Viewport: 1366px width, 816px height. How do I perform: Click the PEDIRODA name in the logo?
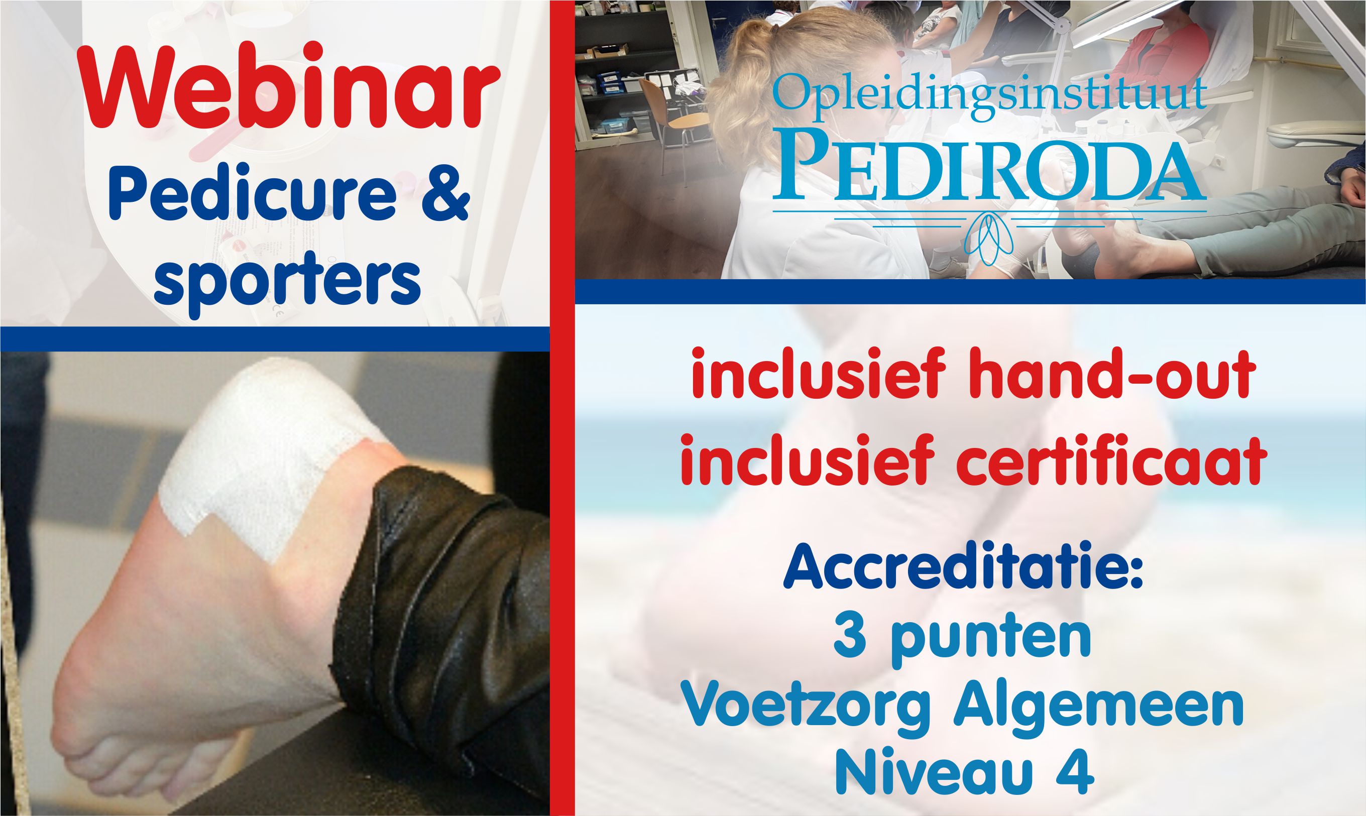(989, 170)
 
